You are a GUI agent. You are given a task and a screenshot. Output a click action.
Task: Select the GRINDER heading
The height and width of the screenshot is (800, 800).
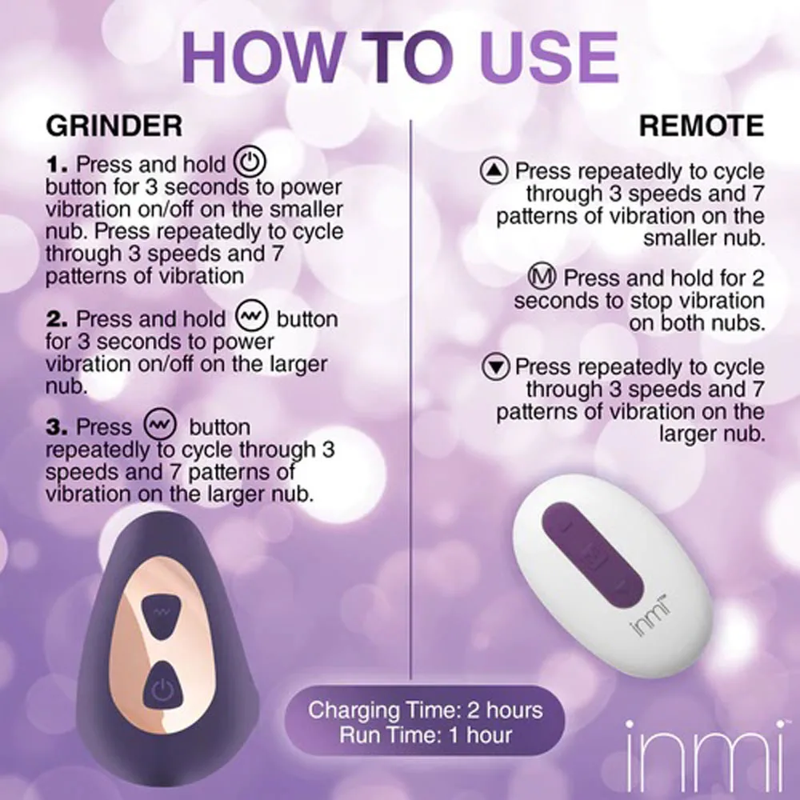pos(114,126)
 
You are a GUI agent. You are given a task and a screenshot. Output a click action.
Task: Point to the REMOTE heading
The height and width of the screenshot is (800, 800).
pos(701,126)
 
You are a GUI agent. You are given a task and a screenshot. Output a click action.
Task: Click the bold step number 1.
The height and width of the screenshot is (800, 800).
pos(58,165)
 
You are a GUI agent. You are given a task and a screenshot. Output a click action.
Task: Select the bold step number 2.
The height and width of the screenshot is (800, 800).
pos(58,319)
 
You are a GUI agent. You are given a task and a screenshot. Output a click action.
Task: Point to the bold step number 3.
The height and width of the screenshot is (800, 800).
pos(58,427)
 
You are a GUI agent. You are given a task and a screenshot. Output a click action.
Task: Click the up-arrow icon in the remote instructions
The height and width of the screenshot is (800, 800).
pos(494,171)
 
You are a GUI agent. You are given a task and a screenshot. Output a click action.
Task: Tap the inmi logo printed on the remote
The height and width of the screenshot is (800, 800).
pos(646,619)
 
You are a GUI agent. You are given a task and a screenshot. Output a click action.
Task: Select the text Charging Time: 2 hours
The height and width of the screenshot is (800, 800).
pos(425,710)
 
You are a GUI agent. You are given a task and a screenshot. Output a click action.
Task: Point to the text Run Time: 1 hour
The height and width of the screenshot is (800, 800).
pos(425,734)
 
